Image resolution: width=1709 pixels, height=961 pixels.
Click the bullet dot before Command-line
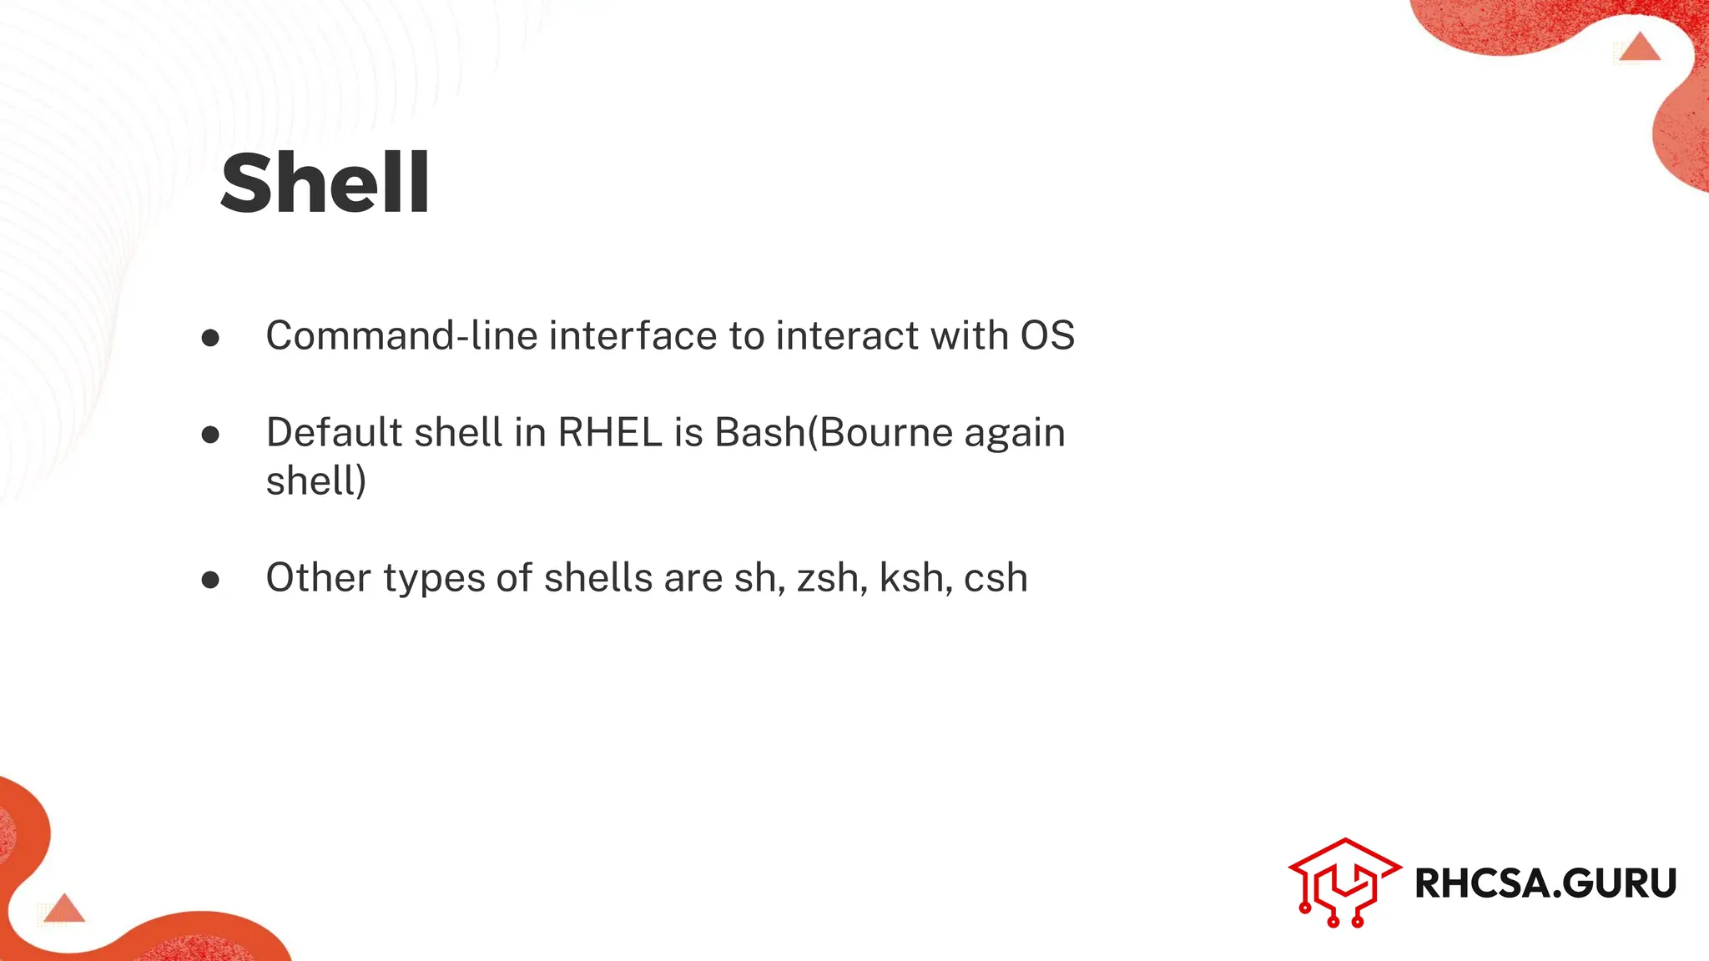[210, 337]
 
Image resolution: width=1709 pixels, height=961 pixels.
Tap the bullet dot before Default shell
[210, 434]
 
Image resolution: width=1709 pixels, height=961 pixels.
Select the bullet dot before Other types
[210, 579]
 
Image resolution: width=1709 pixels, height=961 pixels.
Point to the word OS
[1047, 335]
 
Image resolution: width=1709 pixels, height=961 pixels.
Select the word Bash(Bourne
[834, 432]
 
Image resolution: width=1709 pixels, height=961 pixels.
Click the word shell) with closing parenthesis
[316, 480]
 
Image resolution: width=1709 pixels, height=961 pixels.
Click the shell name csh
[996, 578]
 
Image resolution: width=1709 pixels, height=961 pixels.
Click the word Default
[334, 432]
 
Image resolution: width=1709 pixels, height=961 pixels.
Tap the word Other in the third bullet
[318, 577]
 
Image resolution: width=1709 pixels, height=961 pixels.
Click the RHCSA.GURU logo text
[1545, 883]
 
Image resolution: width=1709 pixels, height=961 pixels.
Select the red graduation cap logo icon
[1344, 882]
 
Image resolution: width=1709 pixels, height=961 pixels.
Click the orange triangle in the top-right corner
[1641, 48]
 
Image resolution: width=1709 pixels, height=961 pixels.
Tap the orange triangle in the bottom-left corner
[64, 908]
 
